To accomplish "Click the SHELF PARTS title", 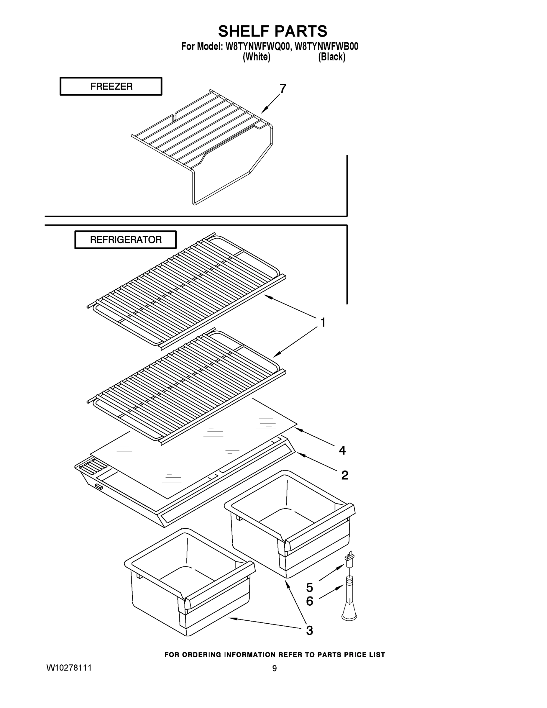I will tap(272, 32).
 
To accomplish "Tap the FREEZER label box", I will tap(111, 86).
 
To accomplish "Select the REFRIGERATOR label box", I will tap(125, 240).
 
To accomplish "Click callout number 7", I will tap(282, 88).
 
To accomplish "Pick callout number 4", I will tap(342, 450).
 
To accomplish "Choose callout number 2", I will tap(344, 475).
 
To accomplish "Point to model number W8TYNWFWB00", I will tap(327, 47).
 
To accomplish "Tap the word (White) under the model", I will tap(256, 57).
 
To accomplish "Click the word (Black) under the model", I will tap(331, 57).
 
